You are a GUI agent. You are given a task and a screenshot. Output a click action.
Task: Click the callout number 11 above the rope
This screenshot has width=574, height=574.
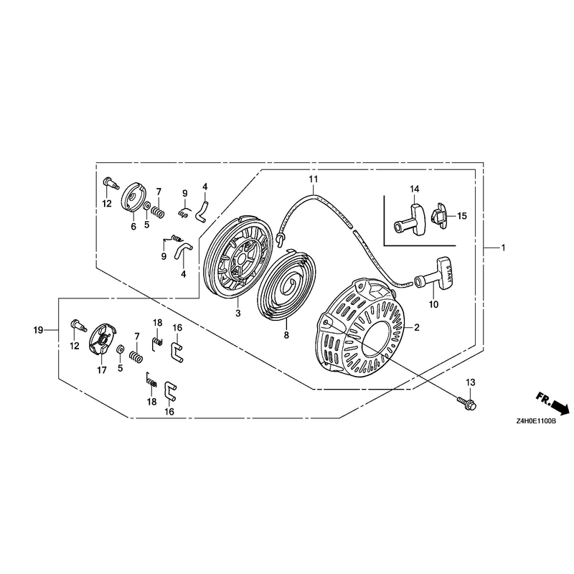pos(314,179)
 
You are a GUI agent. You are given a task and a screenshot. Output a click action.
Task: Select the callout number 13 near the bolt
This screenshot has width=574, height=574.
pos(471,383)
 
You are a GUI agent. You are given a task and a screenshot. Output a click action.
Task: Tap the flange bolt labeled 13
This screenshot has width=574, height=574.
pos(466,403)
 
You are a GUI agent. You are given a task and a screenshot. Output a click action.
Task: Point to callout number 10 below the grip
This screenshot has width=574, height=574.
pos(433,304)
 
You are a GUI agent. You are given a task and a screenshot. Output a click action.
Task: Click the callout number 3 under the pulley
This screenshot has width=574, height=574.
pos(238,314)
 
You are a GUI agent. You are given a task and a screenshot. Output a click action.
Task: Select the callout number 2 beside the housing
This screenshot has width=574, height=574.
pos(417,328)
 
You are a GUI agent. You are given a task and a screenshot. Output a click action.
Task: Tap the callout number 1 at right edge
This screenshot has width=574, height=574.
pos(504,248)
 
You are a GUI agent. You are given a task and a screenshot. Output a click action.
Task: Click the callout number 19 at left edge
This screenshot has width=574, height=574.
pos(38,330)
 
